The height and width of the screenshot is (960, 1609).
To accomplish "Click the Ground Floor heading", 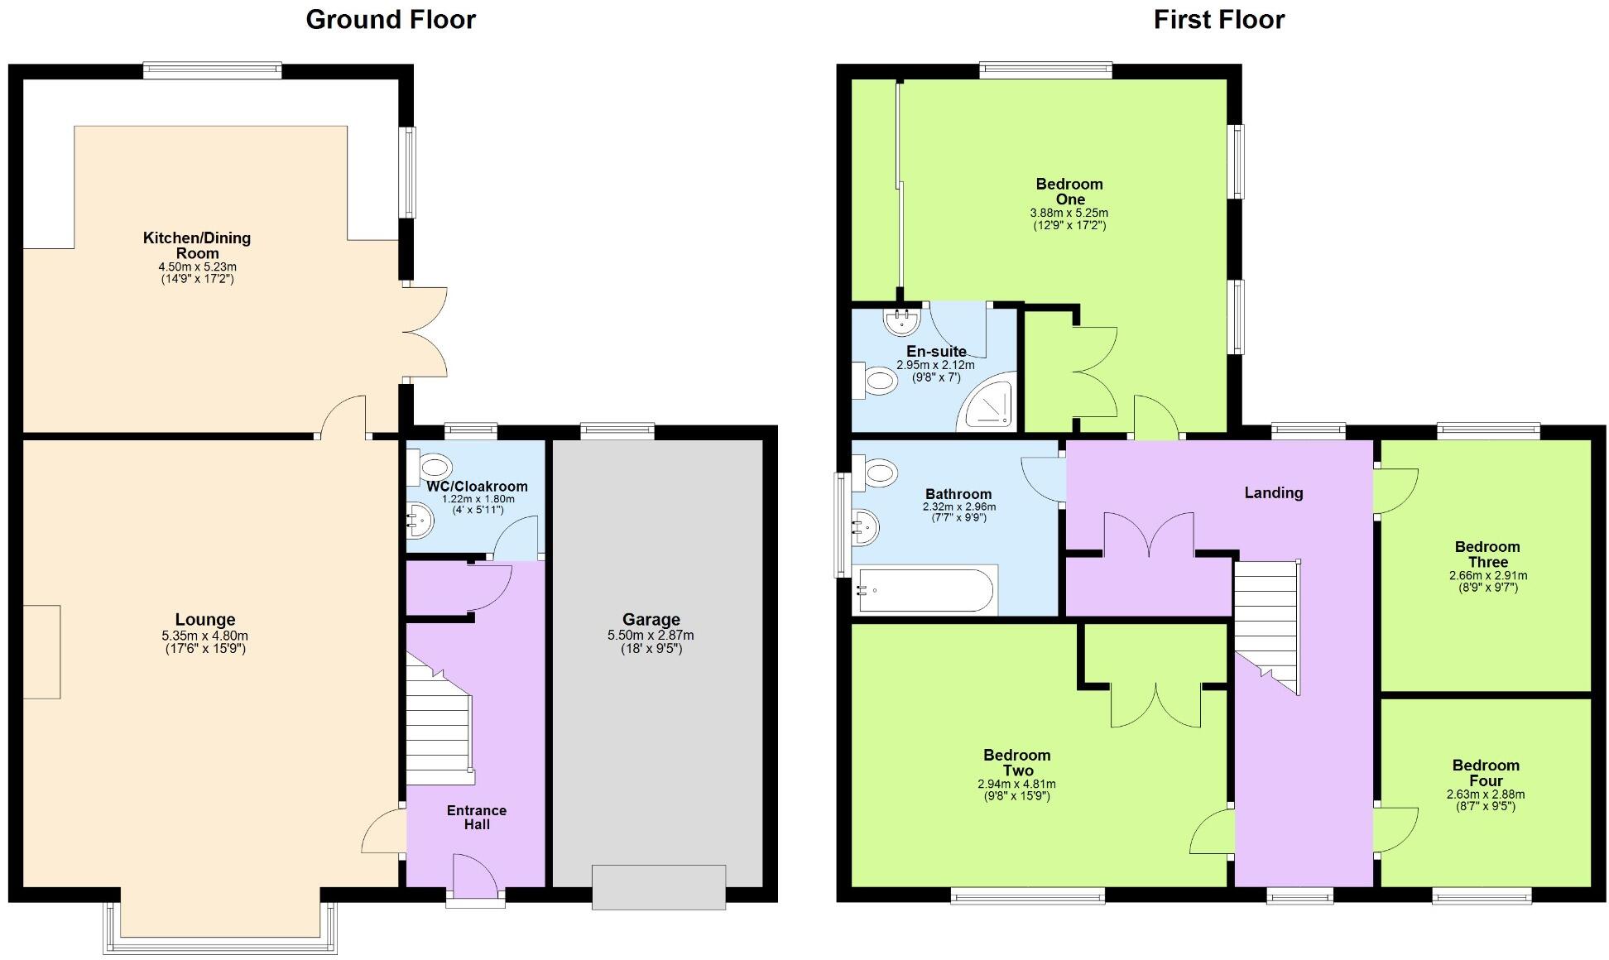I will pos(391,20).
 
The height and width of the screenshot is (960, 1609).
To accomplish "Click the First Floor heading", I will pos(1218,20).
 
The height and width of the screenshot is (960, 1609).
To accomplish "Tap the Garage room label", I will pos(651,619).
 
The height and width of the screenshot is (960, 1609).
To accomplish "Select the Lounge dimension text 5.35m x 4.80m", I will pos(204,636).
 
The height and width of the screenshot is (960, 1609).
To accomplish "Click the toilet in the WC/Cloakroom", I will pos(431,466).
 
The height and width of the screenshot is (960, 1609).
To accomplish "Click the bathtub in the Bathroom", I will pos(925,589).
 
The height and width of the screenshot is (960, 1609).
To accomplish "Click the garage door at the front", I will pos(659,887).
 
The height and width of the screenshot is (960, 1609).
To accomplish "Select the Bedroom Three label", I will pos(1487,554).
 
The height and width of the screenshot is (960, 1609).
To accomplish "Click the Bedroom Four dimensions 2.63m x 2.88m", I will pos(1486,794).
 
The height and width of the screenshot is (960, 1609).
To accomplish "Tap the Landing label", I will pos(1273,492).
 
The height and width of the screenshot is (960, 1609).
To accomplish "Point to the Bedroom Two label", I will pos(1016,762).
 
